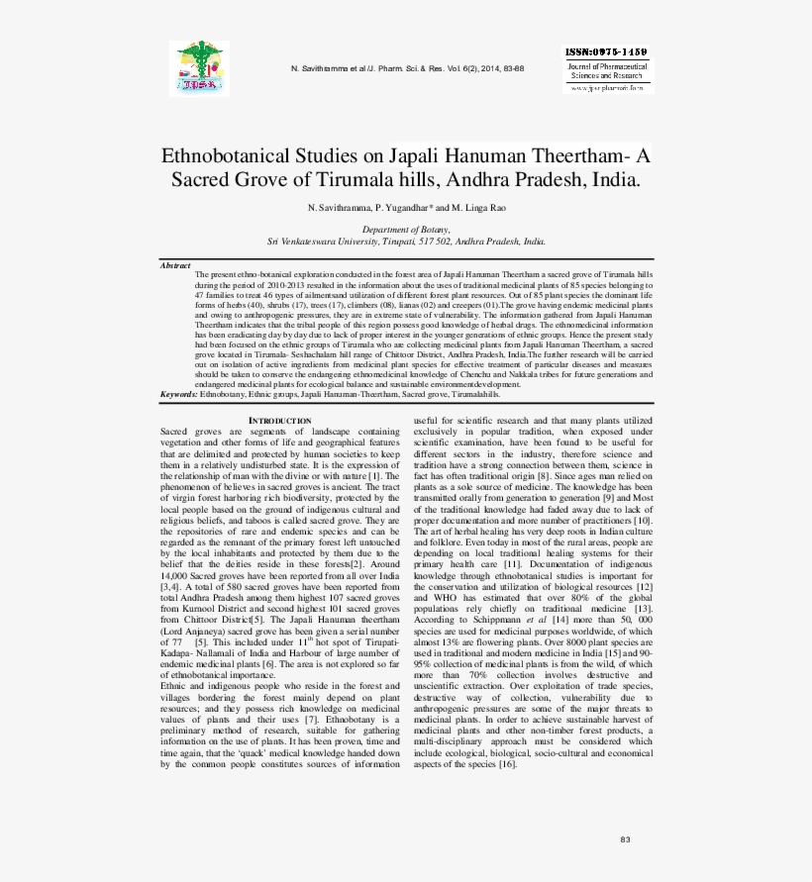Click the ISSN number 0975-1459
pyautogui.click(x=606, y=50)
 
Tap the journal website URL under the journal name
pyautogui.click(x=606, y=88)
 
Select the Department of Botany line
pyautogui.click(x=406, y=229)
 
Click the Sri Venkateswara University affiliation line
pyautogui.click(x=406, y=241)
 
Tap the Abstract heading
pyautogui.click(x=175, y=265)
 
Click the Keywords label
pyautogui.click(x=179, y=394)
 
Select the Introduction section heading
pyautogui.click(x=279, y=421)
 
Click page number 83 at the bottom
pyautogui.click(x=625, y=839)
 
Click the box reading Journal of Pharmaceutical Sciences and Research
pyautogui.click(x=606, y=70)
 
